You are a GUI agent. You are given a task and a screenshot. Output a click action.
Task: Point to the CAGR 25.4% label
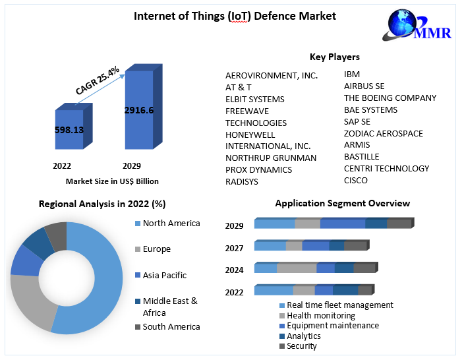coord(98,80)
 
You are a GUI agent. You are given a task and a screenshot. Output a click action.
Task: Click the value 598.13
coord(69,130)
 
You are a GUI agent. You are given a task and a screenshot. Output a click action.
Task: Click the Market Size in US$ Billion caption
coord(112,181)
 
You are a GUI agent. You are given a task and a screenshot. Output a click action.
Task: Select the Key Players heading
coord(335,57)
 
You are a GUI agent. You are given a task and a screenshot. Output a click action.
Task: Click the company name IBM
coord(352,75)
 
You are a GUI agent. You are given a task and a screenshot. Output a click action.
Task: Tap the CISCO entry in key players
coord(356,180)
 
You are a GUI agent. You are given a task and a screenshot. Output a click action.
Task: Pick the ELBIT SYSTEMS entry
coord(254,99)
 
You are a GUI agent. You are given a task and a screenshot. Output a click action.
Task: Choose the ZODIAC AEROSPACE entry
coord(384,133)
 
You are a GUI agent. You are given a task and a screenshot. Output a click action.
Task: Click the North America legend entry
coord(171,224)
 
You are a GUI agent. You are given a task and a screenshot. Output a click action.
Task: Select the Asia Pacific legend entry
coord(164,275)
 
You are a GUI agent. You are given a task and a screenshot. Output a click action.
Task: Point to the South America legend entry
coord(171,326)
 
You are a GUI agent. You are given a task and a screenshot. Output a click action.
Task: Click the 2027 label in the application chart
coord(234,248)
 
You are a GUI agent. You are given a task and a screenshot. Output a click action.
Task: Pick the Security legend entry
coord(301,345)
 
